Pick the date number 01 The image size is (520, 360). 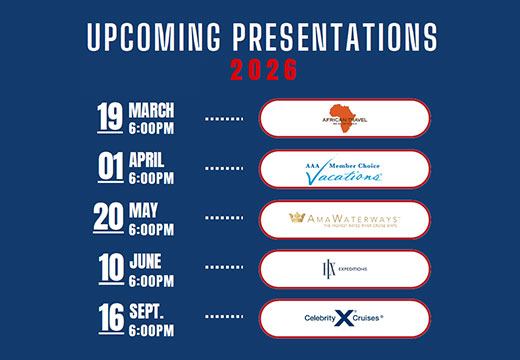109,168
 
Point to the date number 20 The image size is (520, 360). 110,218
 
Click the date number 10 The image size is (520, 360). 110,268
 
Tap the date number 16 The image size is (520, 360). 109,318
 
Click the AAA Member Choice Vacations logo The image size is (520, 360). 345,168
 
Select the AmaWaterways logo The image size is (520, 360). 345,218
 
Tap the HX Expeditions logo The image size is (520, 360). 345,268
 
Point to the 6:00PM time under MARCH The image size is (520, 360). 151,127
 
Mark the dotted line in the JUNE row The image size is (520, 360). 224,268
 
